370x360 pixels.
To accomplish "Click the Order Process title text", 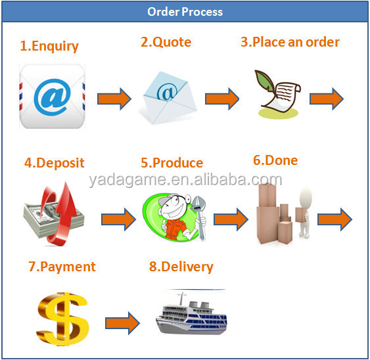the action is pos(185,12).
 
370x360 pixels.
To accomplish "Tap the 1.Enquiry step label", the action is pos(49,46).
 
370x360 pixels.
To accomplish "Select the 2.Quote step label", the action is pos(166,42).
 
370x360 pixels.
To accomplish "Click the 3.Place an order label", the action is pos(290,42).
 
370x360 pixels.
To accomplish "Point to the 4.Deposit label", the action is pos(55,163).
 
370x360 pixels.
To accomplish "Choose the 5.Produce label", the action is pos(172,163).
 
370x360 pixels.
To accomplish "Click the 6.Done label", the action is pos(275,160).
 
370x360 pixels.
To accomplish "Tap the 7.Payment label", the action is pos(62,267).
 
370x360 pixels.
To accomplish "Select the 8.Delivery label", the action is pos(181,267).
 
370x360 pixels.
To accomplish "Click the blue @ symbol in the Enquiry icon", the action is pos(52,97).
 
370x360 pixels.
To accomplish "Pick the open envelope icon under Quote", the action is pos(169,98).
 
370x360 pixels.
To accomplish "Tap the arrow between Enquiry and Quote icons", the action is pos(114,99).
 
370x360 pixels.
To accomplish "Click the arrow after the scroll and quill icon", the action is pos(327,99).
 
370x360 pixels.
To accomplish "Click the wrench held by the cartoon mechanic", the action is pos(199,217).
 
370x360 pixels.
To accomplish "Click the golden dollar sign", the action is pos(63,319).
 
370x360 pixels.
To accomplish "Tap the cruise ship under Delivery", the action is pos(191,314).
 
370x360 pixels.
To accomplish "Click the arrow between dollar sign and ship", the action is pos(122,323).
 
